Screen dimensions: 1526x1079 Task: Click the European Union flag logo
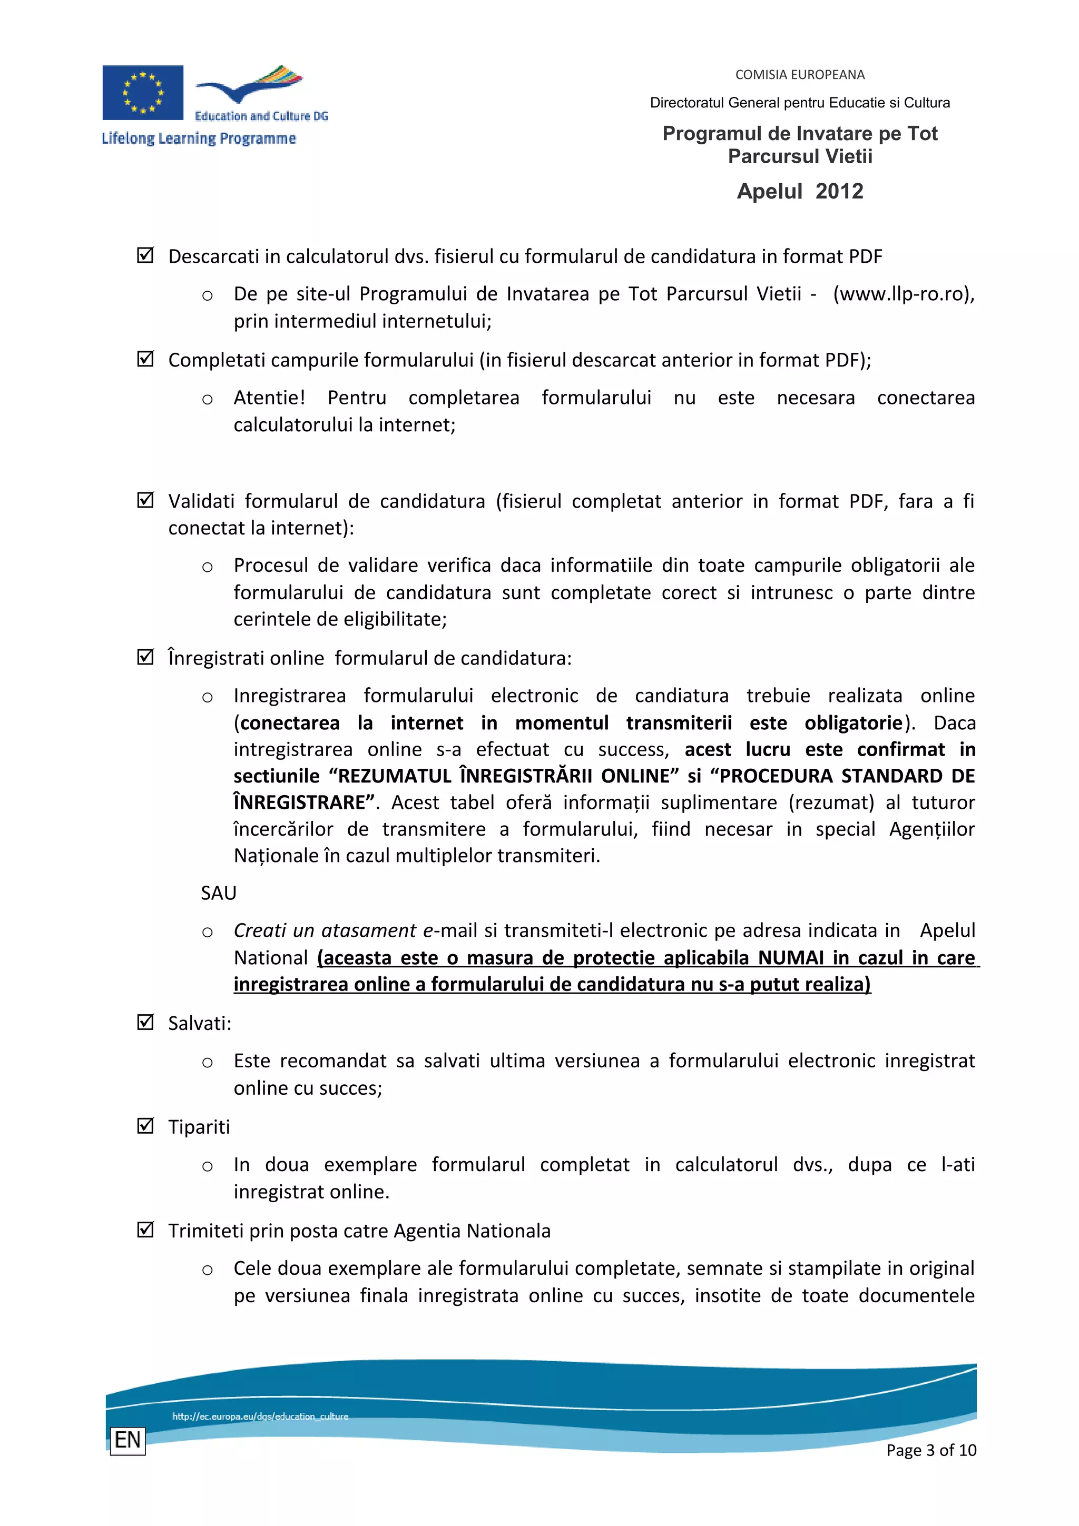tap(142, 92)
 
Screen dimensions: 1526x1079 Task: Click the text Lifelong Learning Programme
tap(198, 138)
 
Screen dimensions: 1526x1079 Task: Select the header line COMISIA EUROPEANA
tap(799, 74)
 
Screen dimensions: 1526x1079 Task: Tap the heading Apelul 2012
tap(799, 192)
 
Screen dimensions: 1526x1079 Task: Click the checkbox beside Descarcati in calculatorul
tap(145, 255)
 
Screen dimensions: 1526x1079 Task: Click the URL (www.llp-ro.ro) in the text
tap(903, 294)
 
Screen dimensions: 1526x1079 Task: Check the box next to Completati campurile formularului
tap(145, 359)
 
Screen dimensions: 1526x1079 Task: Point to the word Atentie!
tap(269, 398)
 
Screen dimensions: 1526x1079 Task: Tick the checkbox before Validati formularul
tap(145, 500)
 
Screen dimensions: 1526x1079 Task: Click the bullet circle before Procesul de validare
tap(208, 567)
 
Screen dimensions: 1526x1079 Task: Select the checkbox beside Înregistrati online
tap(145, 657)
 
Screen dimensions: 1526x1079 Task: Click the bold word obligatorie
tap(853, 722)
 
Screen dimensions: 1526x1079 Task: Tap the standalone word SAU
tap(219, 893)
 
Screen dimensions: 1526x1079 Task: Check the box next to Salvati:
tap(145, 1022)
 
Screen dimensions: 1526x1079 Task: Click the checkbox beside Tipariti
tap(145, 1126)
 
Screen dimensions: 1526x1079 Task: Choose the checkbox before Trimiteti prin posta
tap(145, 1230)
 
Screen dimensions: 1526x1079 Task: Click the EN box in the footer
tap(127, 1440)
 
